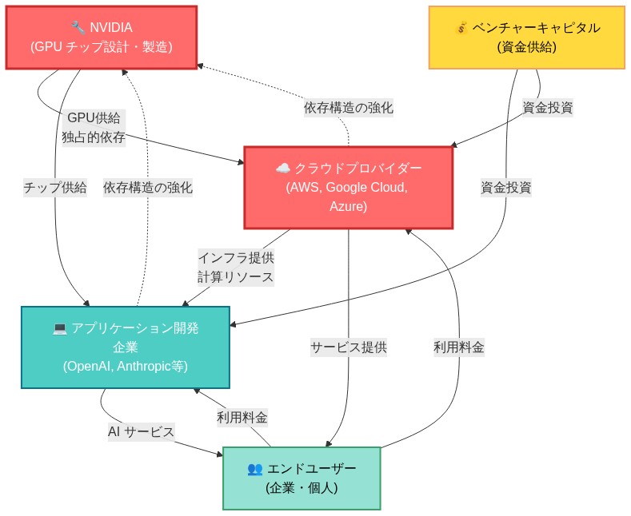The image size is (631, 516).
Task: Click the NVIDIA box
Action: tap(101, 38)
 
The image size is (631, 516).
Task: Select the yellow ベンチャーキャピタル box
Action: tap(526, 38)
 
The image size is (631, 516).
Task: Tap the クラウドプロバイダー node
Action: tap(348, 188)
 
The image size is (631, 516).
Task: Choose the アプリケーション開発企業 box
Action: tap(125, 347)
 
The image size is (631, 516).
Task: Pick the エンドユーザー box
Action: tap(302, 478)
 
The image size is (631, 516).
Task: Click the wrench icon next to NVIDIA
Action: tap(78, 28)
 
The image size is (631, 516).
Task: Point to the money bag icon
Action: tap(461, 28)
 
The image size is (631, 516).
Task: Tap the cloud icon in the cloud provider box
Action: tap(282, 169)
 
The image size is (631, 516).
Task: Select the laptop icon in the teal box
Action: tap(59, 327)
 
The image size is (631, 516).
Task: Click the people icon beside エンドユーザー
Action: tap(254, 468)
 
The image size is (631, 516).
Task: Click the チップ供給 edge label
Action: tap(55, 188)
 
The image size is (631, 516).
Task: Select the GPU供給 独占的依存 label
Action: tap(94, 127)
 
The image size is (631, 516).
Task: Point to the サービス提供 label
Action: tap(349, 347)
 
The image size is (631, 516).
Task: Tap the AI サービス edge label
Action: tap(141, 431)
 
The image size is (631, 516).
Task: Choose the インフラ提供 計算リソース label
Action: tap(236, 268)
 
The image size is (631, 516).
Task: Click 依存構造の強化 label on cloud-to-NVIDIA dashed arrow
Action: tap(348, 106)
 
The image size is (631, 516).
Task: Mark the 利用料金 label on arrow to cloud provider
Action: tap(459, 347)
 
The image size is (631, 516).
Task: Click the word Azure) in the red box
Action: tap(348, 207)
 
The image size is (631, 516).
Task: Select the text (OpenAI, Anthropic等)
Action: tap(125, 366)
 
